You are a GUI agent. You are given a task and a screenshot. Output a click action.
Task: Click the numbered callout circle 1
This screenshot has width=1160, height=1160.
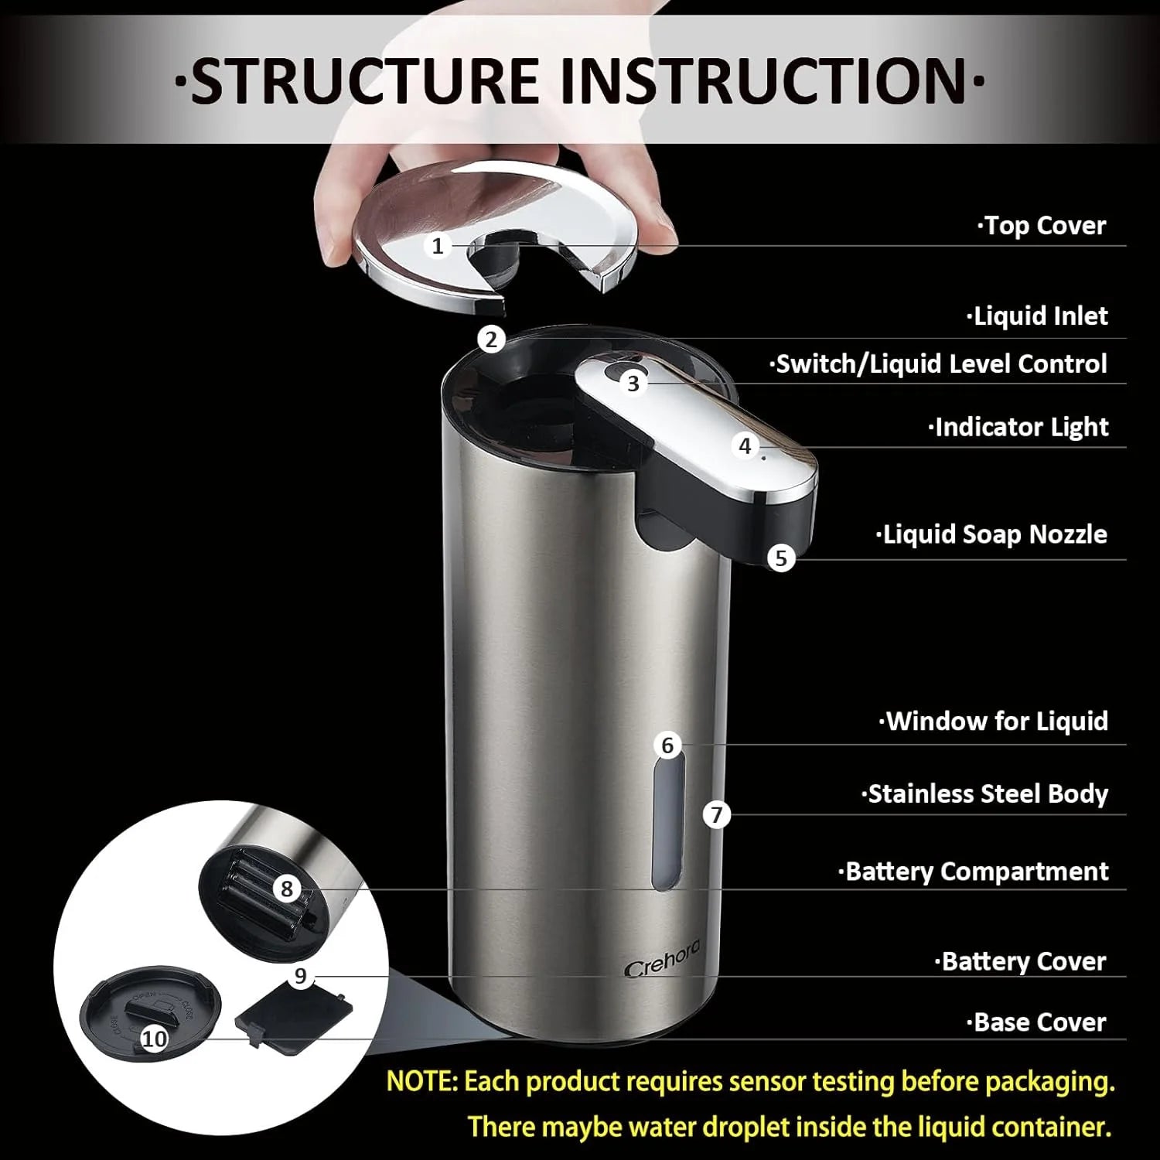[x=438, y=246]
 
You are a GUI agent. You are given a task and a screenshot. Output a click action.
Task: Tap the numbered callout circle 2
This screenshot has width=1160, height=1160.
[x=491, y=339]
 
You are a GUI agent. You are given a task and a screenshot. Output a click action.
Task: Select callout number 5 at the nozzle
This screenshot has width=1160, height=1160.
[x=781, y=558]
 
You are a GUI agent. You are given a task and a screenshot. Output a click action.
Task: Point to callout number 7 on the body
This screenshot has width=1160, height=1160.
[x=717, y=814]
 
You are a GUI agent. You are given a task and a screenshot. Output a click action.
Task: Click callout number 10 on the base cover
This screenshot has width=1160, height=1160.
[x=154, y=1038]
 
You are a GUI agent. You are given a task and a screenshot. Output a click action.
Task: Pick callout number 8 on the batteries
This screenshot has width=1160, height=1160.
[x=287, y=889]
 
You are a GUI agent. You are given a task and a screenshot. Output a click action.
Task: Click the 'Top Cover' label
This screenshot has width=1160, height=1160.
[x=1043, y=226]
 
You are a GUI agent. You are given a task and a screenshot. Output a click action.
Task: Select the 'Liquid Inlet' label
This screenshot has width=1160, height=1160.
[x=1038, y=316]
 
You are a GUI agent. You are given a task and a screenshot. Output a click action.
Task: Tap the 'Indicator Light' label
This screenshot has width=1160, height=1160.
[x=1019, y=427]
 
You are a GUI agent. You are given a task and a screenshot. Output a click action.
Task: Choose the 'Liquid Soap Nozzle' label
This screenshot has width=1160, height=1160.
[x=993, y=534]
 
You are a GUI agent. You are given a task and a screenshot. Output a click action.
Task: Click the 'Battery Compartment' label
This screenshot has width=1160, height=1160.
[x=974, y=872]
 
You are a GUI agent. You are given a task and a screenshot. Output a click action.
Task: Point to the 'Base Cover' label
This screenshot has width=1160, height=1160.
[x=1037, y=1022]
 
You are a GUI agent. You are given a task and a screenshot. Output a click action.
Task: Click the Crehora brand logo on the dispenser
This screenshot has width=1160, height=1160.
[x=661, y=959]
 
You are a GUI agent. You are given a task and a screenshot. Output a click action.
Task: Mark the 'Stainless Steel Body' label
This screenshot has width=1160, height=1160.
[x=986, y=794]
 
